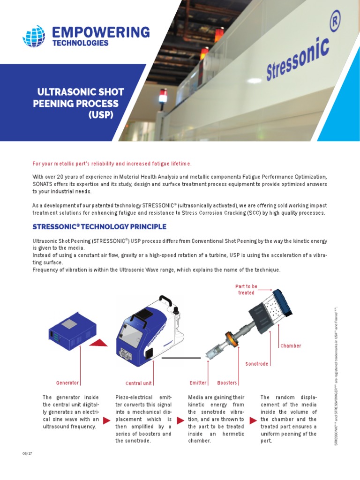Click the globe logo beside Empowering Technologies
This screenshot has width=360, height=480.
[x=34, y=37]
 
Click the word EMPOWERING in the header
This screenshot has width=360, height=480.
[x=101, y=32]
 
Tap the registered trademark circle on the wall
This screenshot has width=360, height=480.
[x=335, y=20]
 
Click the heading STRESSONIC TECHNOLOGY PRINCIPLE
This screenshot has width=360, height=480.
[x=99, y=227]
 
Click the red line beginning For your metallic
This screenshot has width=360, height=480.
[x=112, y=164]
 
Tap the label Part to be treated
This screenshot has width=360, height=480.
[x=246, y=289]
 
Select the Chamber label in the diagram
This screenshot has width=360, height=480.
[x=291, y=346]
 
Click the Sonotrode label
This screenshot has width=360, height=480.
[x=257, y=364]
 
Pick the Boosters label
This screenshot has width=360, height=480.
[x=227, y=383]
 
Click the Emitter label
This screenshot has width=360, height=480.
[x=198, y=383]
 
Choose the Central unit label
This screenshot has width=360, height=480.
[x=139, y=383]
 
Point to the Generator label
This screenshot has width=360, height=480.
[x=67, y=383]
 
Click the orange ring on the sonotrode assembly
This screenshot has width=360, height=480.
[x=230, y=338]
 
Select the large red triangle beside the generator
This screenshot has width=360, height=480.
[x=98, y=343]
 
